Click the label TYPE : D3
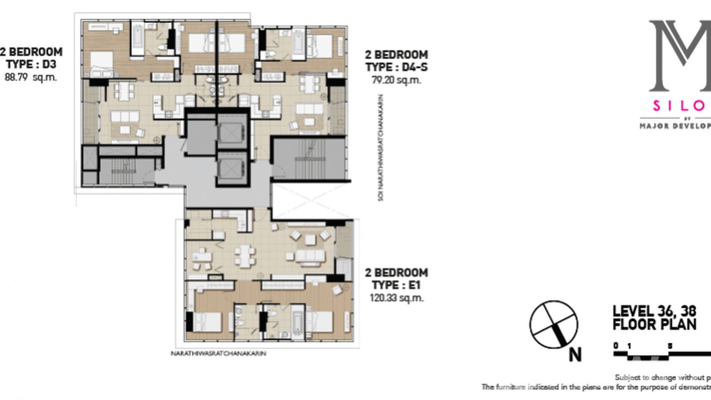pos(31,65)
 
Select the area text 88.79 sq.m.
pos(31,77)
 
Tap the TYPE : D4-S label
pos(396,67)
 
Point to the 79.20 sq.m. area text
pos(396,80)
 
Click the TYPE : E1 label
pos(396,285)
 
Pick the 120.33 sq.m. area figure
pos(396,298)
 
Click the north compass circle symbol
pos(554,325)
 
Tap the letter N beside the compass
pos(575,354)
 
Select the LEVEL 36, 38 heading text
pos(653,311)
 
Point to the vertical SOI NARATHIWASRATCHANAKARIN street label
pos(381,148)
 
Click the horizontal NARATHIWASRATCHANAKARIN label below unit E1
pos(218,352)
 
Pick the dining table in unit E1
pos(244,257)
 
